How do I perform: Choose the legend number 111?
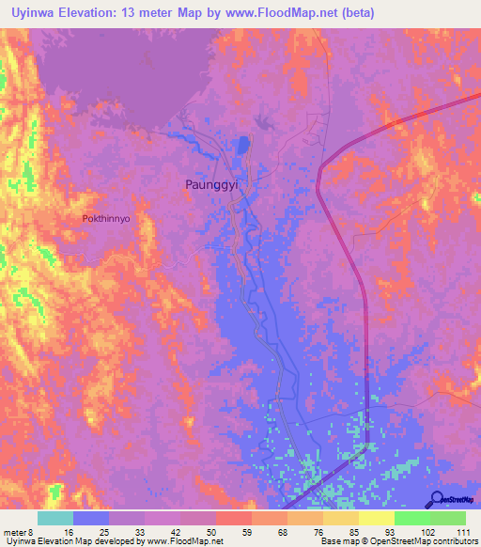click(x=462, y=532)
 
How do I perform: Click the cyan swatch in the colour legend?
click(x=55, y=518)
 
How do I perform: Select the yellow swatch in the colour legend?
click(x=376, y=518)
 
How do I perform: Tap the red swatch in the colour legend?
click(x=233, y=518)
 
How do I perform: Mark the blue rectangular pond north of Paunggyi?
click(x=244, y=146)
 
